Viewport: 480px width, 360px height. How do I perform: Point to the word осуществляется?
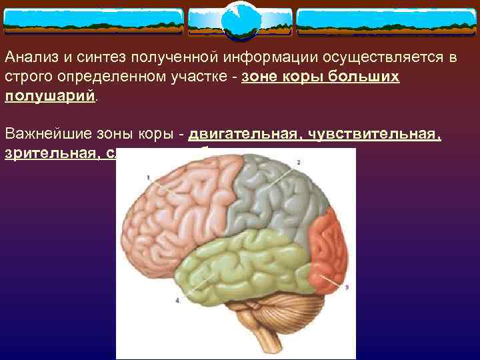(379, 57)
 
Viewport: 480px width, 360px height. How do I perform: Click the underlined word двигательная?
(242, 134)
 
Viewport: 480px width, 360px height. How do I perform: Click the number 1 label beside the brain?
(148, 177)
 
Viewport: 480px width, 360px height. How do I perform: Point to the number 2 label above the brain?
(298, 162)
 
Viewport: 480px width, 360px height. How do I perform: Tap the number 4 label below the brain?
(177, 301)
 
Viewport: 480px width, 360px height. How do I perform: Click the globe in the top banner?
(239, 22)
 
